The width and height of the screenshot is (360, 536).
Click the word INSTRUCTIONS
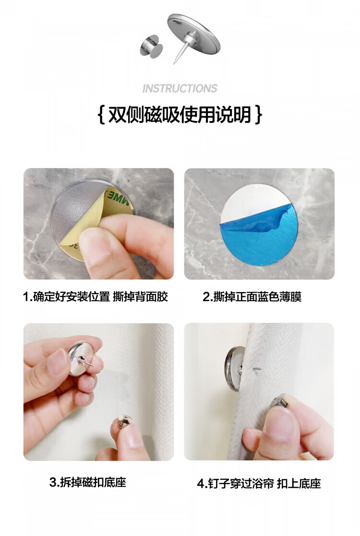click(180, 88)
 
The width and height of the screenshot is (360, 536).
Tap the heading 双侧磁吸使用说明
click(180, 114)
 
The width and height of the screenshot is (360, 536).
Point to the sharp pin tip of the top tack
click(174, 63)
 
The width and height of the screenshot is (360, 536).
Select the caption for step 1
click(96, 297)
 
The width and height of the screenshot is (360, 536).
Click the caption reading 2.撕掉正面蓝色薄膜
click(252, 297)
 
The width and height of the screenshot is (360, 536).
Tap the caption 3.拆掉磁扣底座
click(88, 482)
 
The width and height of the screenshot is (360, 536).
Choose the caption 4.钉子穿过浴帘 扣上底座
click(259, 484)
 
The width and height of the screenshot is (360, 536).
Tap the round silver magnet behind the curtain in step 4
click(234, 368)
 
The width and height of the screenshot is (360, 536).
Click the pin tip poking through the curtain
click(256, 369)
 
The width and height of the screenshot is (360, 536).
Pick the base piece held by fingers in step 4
click(279, 401)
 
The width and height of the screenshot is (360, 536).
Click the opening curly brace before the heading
click(101, 115)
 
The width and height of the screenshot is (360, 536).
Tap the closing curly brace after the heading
click(259, 115)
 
